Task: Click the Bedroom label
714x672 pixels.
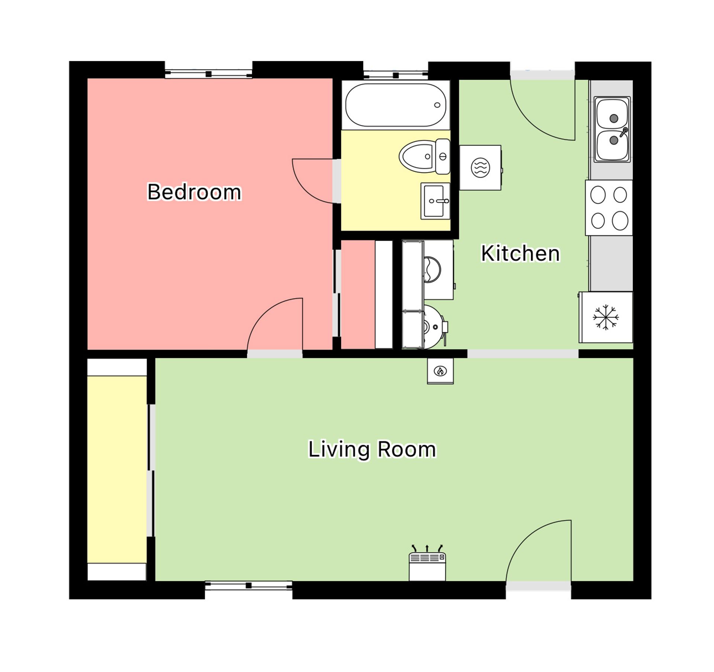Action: (194, 192)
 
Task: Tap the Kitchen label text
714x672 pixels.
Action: (520, 253)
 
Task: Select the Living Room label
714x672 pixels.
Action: (372, 449)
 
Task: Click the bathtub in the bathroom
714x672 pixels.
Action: (396, 105)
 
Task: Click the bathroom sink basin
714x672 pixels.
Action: (435, 201)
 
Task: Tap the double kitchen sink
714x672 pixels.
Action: (612, 129)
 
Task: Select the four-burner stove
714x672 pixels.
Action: (609, 208)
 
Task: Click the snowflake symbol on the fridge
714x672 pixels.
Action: (606, 317)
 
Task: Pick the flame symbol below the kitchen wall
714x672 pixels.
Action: (440, 371)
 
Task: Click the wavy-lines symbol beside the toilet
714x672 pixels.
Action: (480, 168)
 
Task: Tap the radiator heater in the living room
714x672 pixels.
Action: (427, 566)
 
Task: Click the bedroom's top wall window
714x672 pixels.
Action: (209, 74)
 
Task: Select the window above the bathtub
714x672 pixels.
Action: (396, 75)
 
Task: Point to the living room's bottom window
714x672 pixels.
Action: (248, 586)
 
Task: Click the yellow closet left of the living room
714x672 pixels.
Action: (117, 469)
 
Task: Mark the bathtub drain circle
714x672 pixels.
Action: (437, 105)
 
